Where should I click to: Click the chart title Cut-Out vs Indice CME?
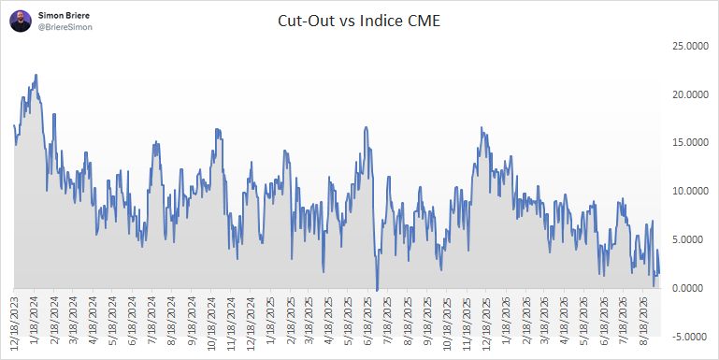point(359,22)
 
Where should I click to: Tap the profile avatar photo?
point(21,22)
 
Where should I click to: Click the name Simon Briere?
point(64,16)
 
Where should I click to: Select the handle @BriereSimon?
point(65,27)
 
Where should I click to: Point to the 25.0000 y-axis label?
point(690,46)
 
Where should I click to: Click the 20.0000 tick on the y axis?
point(690,94)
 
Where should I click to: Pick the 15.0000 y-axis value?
point(690,143)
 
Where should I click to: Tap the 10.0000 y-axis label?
point(690,192)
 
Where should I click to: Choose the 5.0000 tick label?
point(692,240)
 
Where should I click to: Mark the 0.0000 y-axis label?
point(692,288)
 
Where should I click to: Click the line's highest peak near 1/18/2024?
point(36,75)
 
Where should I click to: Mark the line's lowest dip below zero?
point(377,290)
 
